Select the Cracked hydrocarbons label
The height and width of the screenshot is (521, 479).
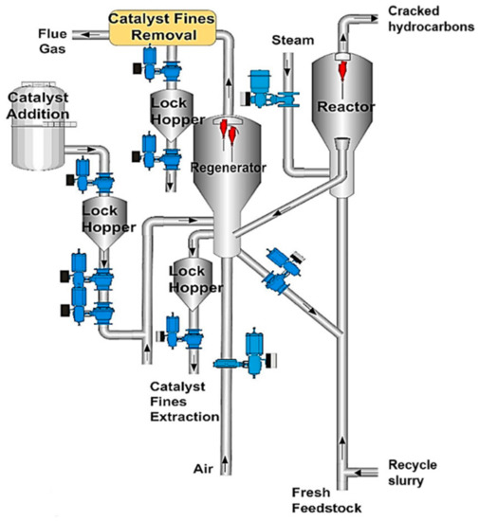tap(429, 18)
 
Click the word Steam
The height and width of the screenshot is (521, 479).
tap(289, 41)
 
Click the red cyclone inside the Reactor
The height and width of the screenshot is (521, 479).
tap(346, 68)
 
